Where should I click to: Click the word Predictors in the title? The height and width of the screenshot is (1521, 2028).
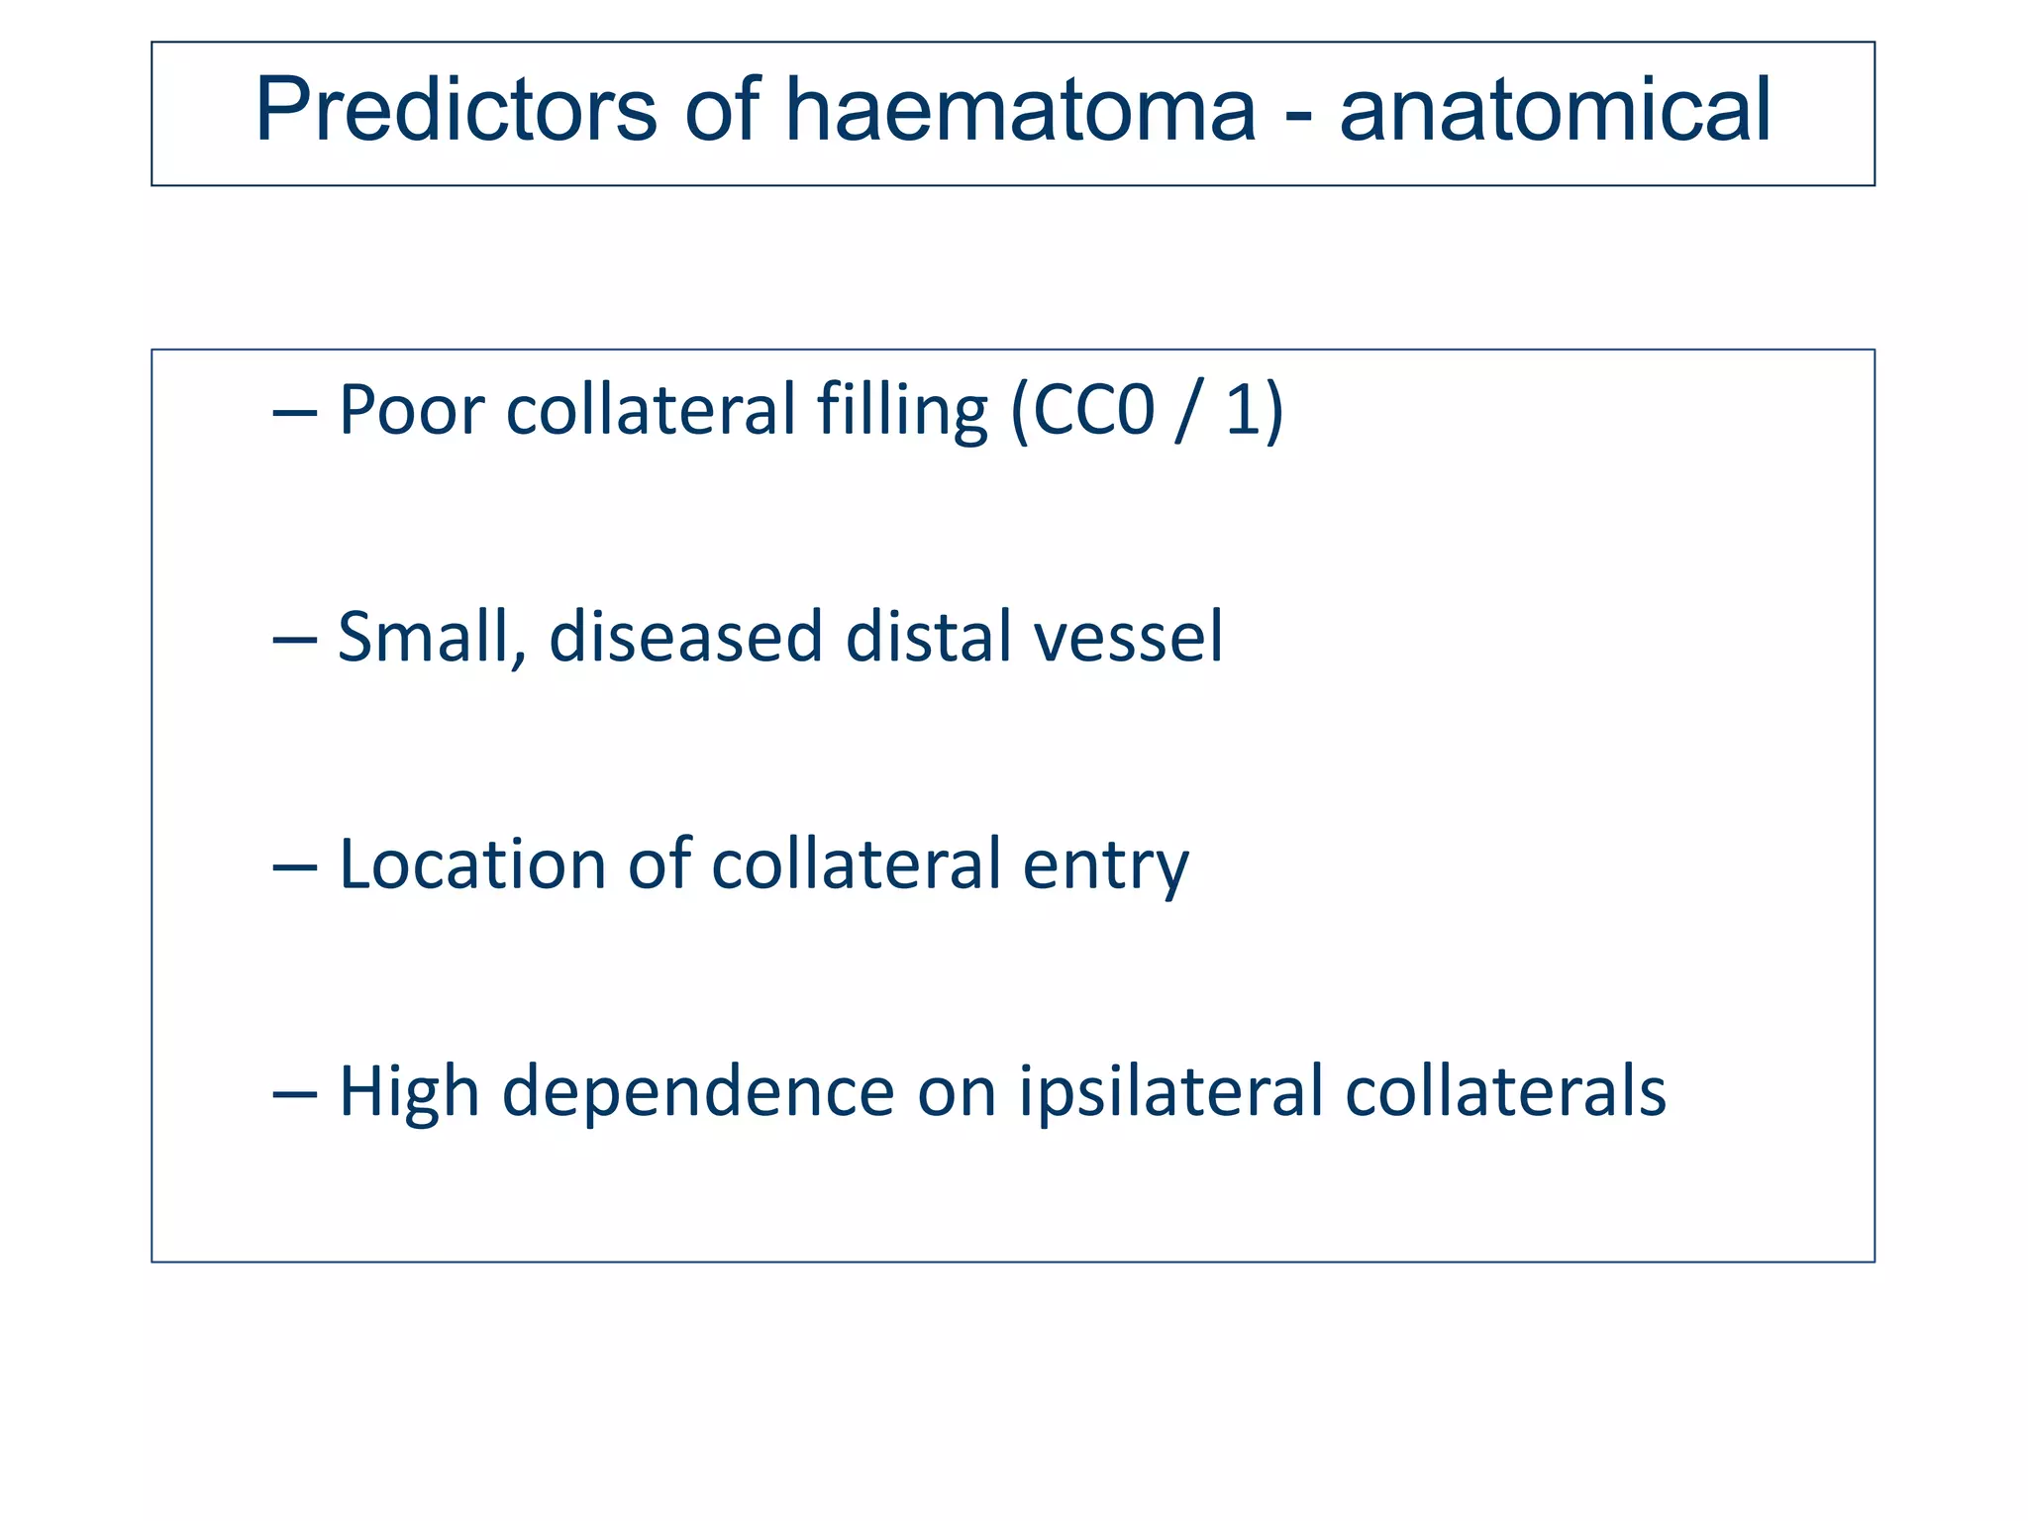pyautogui.click(x=456, y=111)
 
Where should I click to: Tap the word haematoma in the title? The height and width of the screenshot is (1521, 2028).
pyautogui.click(x=1020, y=111)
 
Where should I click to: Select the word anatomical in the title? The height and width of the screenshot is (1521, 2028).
pyautogui.click(x=1555, y=111)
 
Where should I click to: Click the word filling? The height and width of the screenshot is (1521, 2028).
pyautogui.click(x=902, y=410)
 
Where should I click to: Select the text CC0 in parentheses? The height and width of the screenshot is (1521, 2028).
pyautogui.click(x=1094, y=410)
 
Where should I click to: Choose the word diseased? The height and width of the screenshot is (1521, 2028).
pyautogui.click(x=685, y=637)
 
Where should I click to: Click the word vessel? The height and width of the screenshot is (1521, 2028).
pyautogui.click(x=1129, y=637)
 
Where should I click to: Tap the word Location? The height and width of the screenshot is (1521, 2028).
pyautogui.click(x=471, y=864)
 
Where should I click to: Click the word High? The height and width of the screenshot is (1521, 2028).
pyautogui.click(x=409, y=1092)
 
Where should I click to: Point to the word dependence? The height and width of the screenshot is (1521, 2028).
pyautogui.click(x=698, y=1092)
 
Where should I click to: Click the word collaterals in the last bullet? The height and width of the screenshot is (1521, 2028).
pyautogui.click(x=1505, y=1092)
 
